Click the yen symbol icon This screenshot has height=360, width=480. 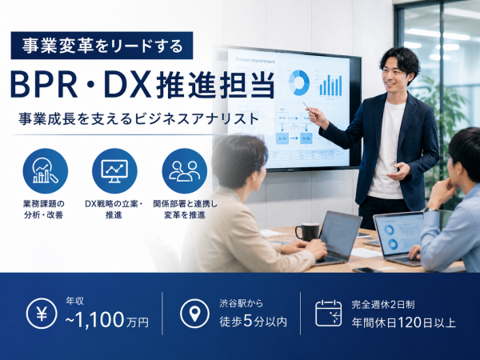tap(42, 314)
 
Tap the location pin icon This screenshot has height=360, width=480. tap(194, 314)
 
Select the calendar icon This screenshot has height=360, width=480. tap(329, 314)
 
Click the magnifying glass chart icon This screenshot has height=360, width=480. tap(46, 171)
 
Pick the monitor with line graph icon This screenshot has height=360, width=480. tap(114, 171)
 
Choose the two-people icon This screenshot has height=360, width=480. tap(185, 171)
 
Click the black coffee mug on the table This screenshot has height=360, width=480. tap(308, 232)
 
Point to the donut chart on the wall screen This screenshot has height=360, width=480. tap(299, 82)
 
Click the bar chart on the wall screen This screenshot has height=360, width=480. tap(330, 85)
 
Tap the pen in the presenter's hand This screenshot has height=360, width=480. tap(308, 108)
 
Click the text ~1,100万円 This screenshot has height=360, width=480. tap(107, 320)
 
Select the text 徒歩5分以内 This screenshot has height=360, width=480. tap(253, 322)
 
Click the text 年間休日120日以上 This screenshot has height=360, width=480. tap(403, 322)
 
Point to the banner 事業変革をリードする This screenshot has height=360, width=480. tap(102, 46)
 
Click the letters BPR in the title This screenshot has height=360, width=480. tap(44, 85)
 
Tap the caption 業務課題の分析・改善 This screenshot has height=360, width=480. tap(44, 210)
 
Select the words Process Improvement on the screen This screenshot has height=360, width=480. tap(255, 60)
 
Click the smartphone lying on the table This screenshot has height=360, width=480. tap(366, 270)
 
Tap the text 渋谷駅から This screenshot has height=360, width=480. tap(242, 303)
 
